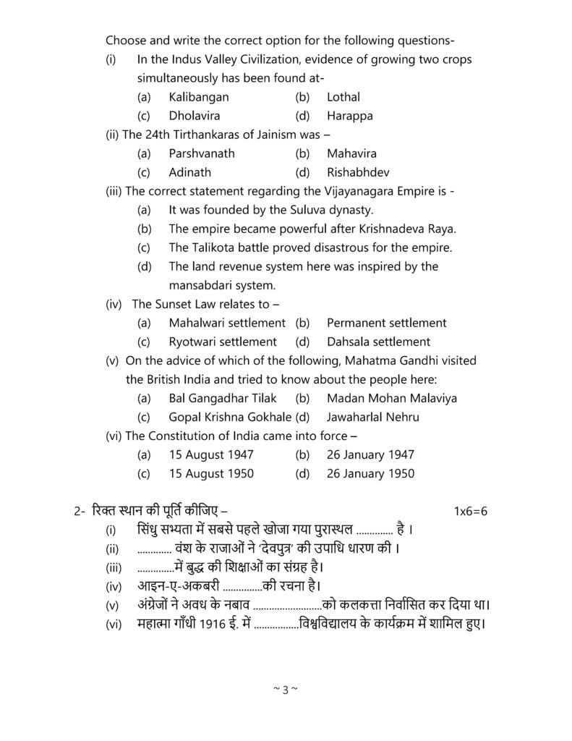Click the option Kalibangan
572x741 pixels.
coord(199,96)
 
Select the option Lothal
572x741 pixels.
coord(343,96)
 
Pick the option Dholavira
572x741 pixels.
coord(195,115)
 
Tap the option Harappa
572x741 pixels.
coord(347,115)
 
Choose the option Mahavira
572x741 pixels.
coord(351,153)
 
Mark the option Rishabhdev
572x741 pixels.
coord(356,172)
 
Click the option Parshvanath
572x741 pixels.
coord(202,153)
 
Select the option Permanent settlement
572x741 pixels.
coord(386,323)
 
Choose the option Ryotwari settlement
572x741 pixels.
coord(223,342)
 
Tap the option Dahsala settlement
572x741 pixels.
coord(378,342)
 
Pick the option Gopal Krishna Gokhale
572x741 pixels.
coord(230,417)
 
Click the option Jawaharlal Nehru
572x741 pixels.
coord(372,417)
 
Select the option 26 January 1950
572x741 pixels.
coord(370,473)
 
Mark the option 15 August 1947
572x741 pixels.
coord(211,454)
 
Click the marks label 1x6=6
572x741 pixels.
coord(471,511)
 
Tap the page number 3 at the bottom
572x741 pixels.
coord(286,689)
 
